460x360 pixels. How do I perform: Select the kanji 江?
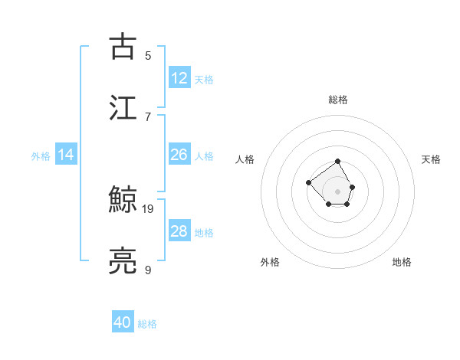coord(123,107)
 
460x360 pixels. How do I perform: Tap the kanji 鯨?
coord(123,201)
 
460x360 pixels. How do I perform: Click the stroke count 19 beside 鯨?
coord(149,208)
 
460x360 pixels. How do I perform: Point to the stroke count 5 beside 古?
coord(148,55)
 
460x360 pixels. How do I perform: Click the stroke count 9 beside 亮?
coord(148,270)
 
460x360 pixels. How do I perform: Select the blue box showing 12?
coord(179,78)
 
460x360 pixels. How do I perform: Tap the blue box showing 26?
coord(179,155)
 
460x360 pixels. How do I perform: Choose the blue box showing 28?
coord(179,231)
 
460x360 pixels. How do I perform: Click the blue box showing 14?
coord(66,155)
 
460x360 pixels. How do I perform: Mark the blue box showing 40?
coord(123,322)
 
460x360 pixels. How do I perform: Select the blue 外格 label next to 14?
coord(41,156)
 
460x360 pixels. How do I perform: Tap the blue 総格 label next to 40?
coord(147,324)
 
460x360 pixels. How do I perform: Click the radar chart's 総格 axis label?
coord(338,100)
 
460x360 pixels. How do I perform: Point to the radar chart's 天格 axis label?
coord(431,159)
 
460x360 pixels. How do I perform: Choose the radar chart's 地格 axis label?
coord(402,262)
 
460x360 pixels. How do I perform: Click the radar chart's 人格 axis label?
coord(245,159)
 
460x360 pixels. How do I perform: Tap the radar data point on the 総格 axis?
coord(338,162)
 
